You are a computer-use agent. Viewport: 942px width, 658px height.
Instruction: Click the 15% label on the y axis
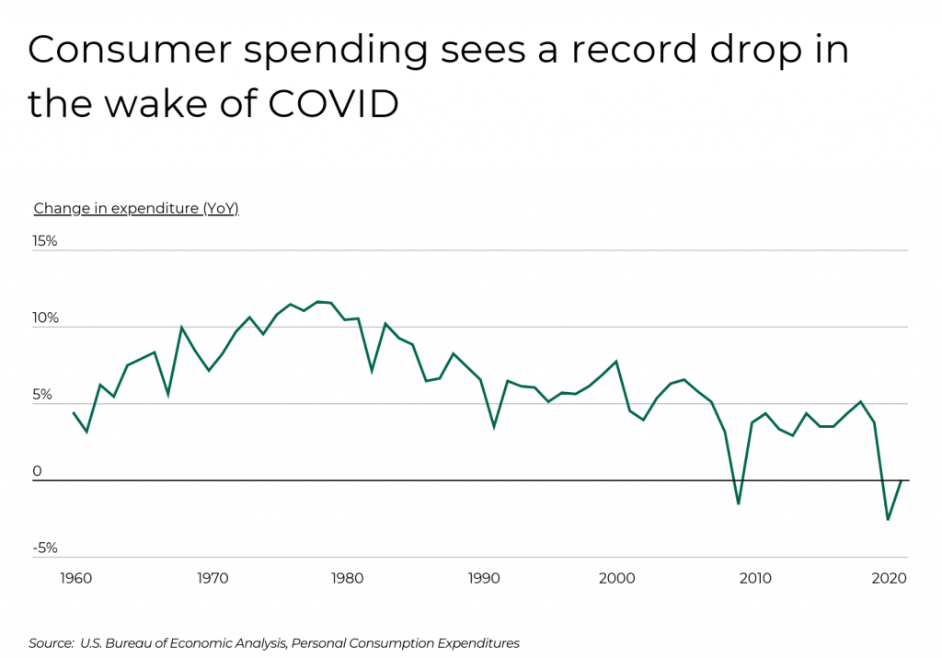click(45, 241)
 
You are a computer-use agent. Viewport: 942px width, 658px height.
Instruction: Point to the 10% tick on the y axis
click(45, 318)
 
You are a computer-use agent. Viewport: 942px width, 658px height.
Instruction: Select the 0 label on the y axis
click(38, 472)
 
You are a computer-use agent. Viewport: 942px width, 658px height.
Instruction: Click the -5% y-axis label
click(45, 548)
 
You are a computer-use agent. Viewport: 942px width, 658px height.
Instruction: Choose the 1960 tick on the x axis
click(75, 579)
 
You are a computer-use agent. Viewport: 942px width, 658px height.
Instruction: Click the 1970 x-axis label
click(213, 579)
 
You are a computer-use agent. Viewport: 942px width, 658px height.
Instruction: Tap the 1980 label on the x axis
click(347, 579)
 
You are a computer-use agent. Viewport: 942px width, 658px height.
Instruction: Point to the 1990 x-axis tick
click(483, 579)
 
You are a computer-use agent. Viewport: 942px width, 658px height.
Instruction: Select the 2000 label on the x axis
click(617, 579)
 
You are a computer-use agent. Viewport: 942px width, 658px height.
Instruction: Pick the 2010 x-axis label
click(754, 579)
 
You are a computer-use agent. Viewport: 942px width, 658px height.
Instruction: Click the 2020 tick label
click(889, 579)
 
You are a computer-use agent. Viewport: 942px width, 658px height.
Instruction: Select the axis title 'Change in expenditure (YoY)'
click(136, 209)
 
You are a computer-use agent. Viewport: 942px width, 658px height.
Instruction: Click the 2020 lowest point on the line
click(888, 520)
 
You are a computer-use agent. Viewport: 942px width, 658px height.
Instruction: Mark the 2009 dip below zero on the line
click(738, 504)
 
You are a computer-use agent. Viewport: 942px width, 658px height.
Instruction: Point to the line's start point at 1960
click(74, 412)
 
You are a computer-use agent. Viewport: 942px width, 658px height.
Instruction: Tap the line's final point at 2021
click(902, 480)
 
